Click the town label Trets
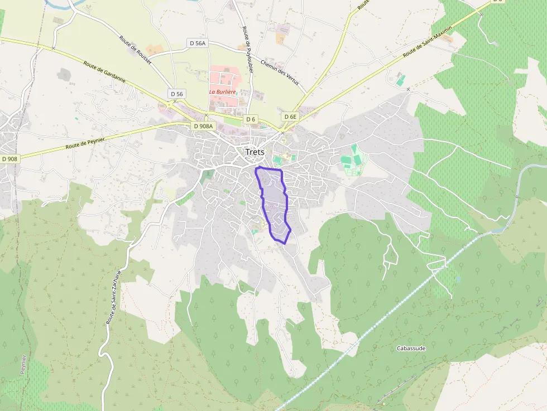coord(255,152)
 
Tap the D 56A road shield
coord(198,43)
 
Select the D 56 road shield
coord(177,94)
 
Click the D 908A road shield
coord(203,126)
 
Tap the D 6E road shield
coord(290,117)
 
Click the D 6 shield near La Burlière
coord(251,119)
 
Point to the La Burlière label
coord(222,91)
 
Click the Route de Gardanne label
coord(104,72)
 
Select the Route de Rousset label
coord(135,49)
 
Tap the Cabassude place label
coord(411,348)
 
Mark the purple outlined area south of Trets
coord(273,202)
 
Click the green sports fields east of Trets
coord(353,161)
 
